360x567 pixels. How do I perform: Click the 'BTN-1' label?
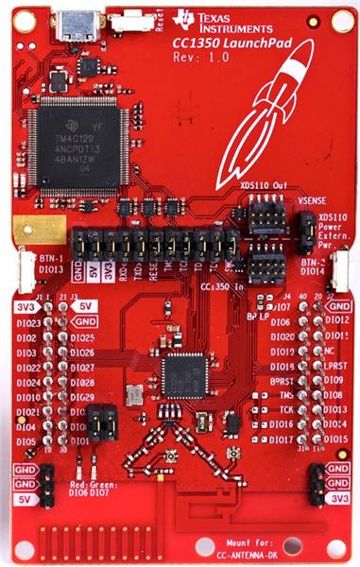pos(26,257)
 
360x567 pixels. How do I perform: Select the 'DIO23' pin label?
pos(29,323)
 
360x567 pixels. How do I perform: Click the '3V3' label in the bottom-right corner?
pos(337,497)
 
